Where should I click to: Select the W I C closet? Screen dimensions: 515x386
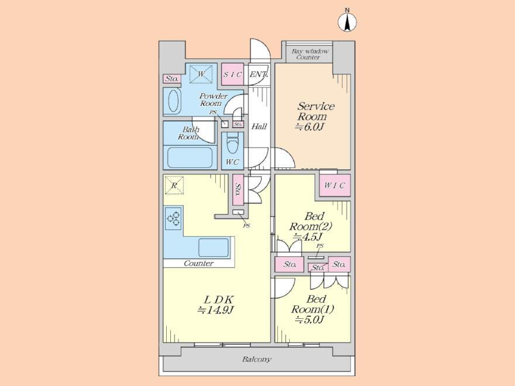pos(335,185)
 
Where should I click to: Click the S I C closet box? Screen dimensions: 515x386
pos(232,74)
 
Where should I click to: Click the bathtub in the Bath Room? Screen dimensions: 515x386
pos(190,157)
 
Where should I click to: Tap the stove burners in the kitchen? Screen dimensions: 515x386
pos(173,219)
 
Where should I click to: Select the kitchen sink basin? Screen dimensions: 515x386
pos(214,248)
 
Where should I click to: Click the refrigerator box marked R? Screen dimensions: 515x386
pos(174,185)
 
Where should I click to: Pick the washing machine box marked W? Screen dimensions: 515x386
pos(201,74)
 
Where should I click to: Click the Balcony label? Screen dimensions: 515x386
pos(257,359)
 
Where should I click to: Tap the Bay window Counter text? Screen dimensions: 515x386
pos(310,54)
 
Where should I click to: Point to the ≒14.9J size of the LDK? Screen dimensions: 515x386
pos(215,309)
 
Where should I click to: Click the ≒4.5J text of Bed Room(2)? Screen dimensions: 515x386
pos(307,237)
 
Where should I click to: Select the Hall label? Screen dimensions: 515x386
pos(259,126)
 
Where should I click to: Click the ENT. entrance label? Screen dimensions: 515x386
pos(259,74)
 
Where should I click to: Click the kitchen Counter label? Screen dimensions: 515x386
pos(198,263)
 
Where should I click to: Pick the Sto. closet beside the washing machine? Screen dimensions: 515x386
pos(171,79)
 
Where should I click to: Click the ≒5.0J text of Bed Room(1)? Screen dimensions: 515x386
pos(310,319)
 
